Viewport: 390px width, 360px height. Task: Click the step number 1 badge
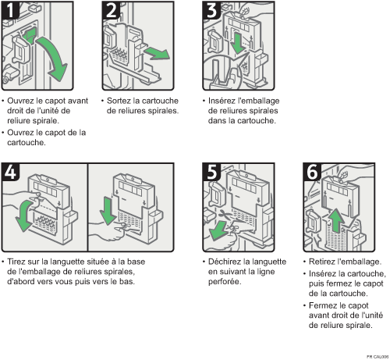10,10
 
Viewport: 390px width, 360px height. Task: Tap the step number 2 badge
111,10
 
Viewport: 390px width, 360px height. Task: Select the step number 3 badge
211,10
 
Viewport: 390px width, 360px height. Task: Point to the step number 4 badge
10,172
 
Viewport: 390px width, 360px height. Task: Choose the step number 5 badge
211,172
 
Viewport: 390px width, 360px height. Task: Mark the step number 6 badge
312,172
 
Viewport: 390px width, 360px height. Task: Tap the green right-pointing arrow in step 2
157,53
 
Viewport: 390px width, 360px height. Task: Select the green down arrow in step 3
237,43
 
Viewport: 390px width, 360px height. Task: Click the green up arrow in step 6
338,221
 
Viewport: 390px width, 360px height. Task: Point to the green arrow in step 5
219,231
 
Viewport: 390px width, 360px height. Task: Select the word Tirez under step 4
16,262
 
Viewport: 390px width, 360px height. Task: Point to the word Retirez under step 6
321,262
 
